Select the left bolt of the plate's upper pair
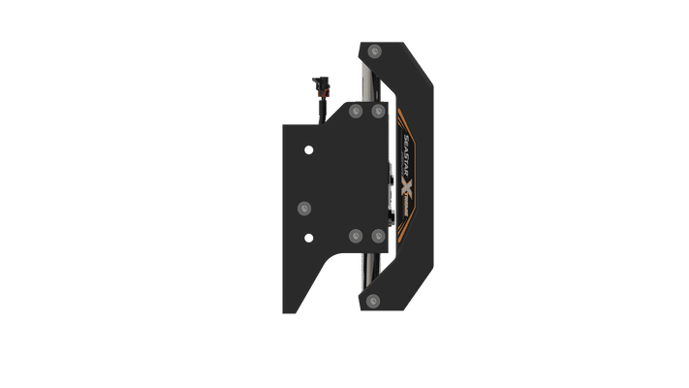353,112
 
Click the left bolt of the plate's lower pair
353,236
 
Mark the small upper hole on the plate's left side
308,150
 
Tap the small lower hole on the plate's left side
308,237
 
